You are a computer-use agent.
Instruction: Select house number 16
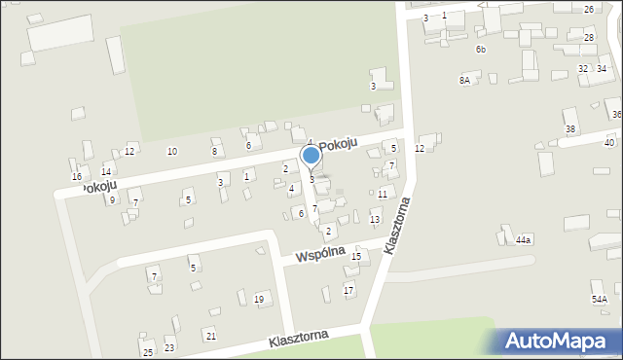pyautogui.click(x=77, y=177)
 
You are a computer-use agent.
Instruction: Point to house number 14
pyautogui.click(x=106, y=172)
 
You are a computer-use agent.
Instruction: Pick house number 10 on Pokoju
pyautogui.click(x=172, y=151)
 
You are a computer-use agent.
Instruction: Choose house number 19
pyautogui.click(x=259, y=299)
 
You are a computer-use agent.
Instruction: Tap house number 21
pyautogui.click(x=211, y=336)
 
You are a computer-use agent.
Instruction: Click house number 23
pyautogui.click(x=169, y=348)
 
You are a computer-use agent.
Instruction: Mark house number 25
pyautogui.click(x=148, y=352)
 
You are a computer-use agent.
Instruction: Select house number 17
pyautogui.click(x=348, y=291)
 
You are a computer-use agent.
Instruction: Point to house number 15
pyautogui.click(x=356, y=257)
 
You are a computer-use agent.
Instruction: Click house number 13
pyautogui.click(x=375, y=220)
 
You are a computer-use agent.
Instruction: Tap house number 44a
pyautogui.click(x=524, y=239)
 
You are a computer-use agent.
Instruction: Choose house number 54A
pyautogui.click(x=600, y=299)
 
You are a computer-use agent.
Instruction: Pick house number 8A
pyautogui.click(x=465, y=81)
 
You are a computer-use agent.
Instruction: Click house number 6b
pyautogui.click(x=481, y=49)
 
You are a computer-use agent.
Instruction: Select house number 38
pyautogui.click(x=570, y=129)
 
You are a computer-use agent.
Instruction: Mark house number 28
pyautogui.click(x=589, y=37)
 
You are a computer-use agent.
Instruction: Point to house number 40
pyautogui.click(x=609, y=143)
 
